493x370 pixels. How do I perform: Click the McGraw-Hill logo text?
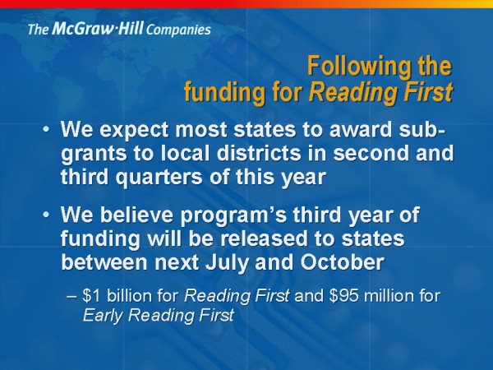pos(119,30)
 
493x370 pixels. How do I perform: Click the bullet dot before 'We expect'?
pos(46,129)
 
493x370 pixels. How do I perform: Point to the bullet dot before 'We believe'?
pos(46,215)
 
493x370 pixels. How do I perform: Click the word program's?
pos(233,215)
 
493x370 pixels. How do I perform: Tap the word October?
pos(342,261)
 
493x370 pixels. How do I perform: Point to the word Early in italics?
pos(103,316)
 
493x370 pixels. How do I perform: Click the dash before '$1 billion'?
pos(71,297)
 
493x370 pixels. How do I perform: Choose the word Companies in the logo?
pos(178,30)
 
